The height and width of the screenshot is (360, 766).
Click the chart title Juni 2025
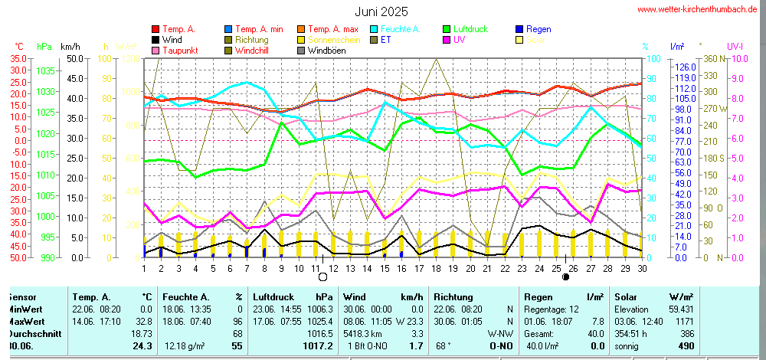[381, 11]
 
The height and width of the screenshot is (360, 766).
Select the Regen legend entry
[538, 28]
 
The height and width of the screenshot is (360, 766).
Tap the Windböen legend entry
[326, 51]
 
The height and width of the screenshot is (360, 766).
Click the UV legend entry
[459, 39]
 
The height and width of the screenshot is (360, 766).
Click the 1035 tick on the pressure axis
[46, 70]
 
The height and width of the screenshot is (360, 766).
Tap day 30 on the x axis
[642, 267]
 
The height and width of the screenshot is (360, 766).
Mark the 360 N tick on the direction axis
[709, 58]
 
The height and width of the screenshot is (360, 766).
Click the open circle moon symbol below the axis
[323, 277]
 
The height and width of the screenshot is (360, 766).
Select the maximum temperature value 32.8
[145, 322]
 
